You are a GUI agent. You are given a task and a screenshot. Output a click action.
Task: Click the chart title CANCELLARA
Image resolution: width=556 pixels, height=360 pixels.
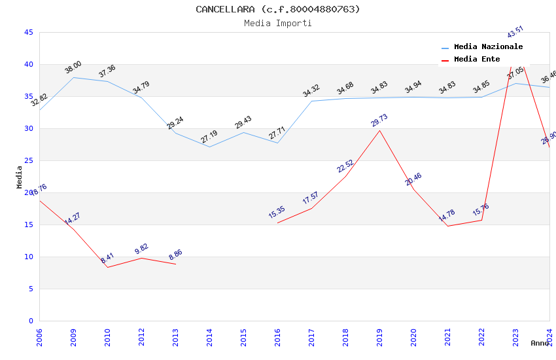click(278, 9)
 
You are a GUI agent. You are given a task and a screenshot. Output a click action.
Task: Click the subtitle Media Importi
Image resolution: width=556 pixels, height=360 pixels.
click(278, 23)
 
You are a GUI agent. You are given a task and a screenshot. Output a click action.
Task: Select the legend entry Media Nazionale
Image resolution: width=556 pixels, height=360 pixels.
click(488, 47)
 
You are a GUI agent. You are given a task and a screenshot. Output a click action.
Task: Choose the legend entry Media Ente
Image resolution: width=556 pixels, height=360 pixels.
click(477, 60)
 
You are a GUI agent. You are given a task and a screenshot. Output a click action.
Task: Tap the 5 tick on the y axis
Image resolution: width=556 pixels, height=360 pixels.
click(30, 289)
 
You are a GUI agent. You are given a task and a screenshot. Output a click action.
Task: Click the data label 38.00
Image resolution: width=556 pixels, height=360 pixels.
click(73, 67)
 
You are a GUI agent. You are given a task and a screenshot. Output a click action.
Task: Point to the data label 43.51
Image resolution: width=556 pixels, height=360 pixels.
click(515, 32)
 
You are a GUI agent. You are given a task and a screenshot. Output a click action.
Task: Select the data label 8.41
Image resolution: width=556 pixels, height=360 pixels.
click(107, 258)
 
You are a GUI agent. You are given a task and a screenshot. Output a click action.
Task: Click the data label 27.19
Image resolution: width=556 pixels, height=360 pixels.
click(209, 137)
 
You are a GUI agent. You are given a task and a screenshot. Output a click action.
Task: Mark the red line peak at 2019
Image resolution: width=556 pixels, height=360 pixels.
click(379, 130)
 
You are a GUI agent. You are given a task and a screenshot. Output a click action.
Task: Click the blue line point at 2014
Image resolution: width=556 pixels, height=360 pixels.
click(209, 147)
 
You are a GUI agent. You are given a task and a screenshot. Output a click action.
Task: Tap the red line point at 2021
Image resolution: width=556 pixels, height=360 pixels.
click(447, 226)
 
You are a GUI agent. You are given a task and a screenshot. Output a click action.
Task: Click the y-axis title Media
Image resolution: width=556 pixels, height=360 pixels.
click(20, 177)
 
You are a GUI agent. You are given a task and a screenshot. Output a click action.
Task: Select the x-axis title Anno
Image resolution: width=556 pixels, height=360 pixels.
click(540, 343)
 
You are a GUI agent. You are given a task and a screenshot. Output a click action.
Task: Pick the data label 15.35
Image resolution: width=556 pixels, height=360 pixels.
click(277, 213)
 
